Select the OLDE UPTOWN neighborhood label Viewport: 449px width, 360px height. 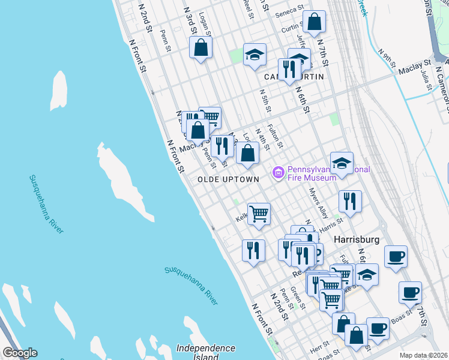pos(228,179)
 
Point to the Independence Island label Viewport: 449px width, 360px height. pos(206,352)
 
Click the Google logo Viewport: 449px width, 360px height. pos(19,353)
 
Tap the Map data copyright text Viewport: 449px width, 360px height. pos(423,355)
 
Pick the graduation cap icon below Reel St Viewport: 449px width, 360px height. pos(255,55)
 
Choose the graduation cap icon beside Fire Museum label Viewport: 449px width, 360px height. pos(342,163)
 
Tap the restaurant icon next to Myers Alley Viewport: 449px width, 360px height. pos(349,202)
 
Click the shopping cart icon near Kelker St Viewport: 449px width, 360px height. pos(259,214)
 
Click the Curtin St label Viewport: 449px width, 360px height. pos(291,27)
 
